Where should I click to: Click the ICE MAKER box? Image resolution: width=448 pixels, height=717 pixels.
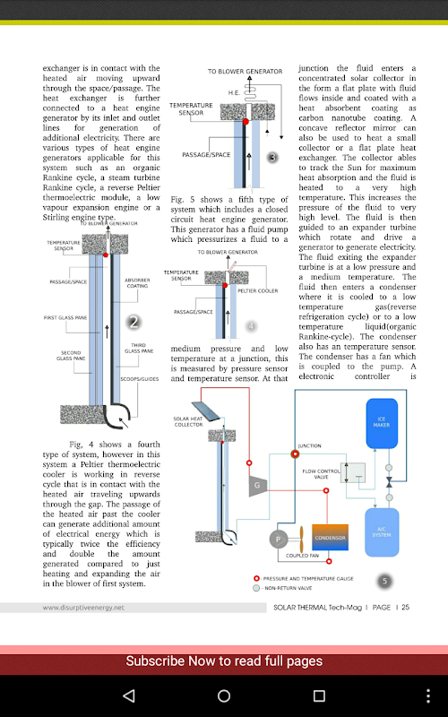coord(382,423)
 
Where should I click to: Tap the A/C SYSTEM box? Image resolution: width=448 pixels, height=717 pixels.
coord(382,531)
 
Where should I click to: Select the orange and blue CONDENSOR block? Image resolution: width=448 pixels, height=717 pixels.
coord(330,537)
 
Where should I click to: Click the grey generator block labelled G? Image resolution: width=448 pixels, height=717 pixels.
coord(257,486)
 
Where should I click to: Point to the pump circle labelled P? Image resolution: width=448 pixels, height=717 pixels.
coord(278,540)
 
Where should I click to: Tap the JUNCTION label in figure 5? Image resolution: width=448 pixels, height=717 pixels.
coord(309,445)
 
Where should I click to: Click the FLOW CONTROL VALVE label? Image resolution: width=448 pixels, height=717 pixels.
coord(322,474)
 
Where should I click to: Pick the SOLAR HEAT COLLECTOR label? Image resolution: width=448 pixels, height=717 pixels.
coord(188,421)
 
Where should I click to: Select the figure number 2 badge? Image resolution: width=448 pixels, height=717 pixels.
coord(134,323)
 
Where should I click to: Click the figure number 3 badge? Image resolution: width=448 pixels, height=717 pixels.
coord(272,158)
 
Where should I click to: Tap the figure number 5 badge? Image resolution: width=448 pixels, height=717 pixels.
coord(384,581)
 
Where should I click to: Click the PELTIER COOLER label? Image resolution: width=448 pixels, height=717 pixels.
coord(258,290)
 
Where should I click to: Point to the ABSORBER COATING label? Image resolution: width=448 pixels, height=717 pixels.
coord(137,282)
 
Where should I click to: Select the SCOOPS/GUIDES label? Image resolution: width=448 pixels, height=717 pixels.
coord(140,379)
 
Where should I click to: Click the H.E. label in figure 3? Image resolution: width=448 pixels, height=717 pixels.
coord(234,93)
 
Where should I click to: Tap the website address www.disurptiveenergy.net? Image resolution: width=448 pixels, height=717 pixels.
coord(83,608)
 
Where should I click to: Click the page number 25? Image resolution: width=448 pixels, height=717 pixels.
coord(406,608)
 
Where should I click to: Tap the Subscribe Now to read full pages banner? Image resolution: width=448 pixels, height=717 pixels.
coord(224,661)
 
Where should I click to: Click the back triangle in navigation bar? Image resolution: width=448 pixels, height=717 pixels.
coord(129,696)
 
